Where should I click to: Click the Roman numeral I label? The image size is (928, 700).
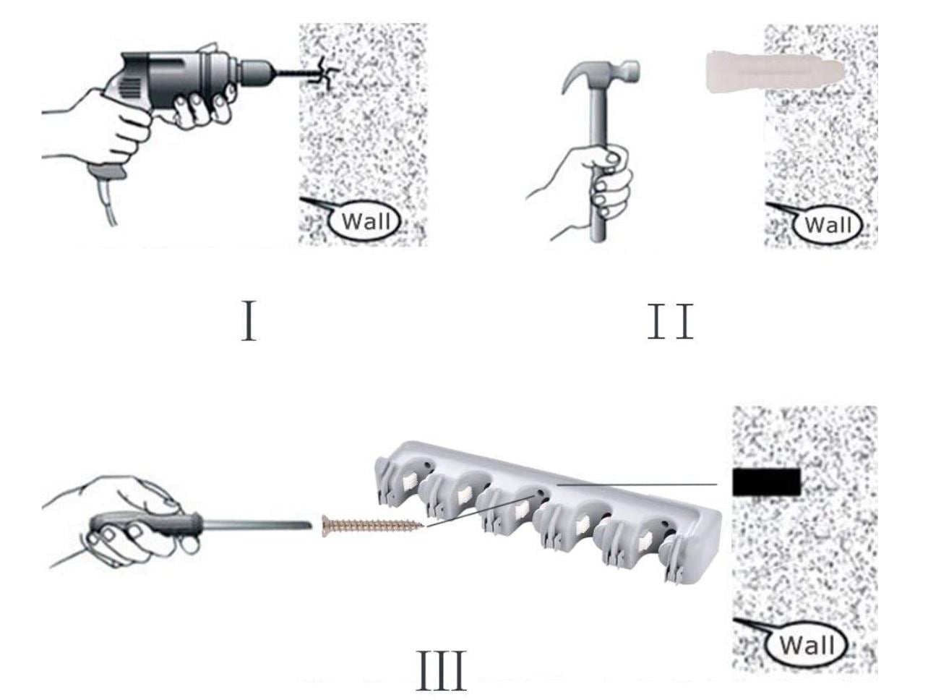point(249,320)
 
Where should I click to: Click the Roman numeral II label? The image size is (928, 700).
point(671,321)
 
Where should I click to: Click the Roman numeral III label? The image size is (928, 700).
point(442,670)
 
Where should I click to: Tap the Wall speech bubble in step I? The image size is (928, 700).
point(359,220)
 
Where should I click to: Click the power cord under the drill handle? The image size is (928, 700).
point(106,203)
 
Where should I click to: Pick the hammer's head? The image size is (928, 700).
point(601,74)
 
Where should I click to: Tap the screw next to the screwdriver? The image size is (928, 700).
point(372,526)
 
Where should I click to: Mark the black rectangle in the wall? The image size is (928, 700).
point(767,482)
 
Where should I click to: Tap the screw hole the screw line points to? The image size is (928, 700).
point(540,493)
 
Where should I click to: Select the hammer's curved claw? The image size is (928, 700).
point(573,75)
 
